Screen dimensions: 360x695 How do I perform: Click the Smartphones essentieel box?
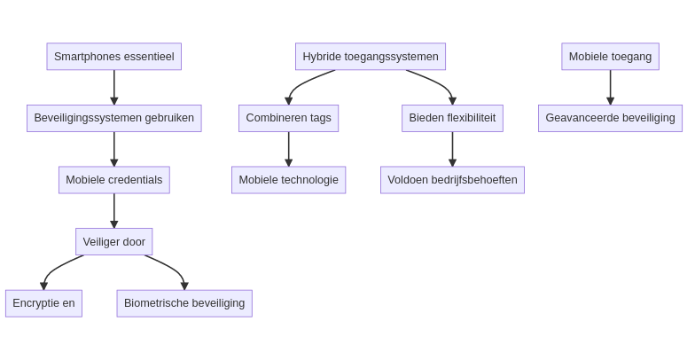(113, 57)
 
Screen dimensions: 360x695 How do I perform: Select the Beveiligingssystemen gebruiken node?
(113, 118)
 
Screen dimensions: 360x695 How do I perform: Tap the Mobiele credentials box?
(113, 180)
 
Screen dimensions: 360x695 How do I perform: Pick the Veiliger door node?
(113, 241)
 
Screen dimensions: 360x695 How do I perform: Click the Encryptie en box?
(43, 303)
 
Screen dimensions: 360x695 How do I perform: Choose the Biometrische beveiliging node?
(184, 303)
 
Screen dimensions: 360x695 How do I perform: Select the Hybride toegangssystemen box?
(371, 57)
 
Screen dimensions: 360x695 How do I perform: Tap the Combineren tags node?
(288, 118)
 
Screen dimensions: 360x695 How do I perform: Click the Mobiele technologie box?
(288, 180)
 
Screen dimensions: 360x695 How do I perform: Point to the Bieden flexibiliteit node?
(452, 118)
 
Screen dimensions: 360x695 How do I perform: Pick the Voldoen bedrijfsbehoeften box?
(452, 180)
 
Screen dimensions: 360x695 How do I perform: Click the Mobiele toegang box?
(610, 57)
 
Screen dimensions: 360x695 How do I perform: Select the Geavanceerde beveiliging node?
(610, 118)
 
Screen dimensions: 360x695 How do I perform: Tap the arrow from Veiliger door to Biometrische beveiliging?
(174, 267)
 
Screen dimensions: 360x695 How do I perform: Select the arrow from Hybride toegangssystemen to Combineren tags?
(301, 82)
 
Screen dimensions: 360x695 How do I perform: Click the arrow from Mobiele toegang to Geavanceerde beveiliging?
(610, 87)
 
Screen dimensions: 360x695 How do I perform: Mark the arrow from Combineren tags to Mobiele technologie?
(288, 149)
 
